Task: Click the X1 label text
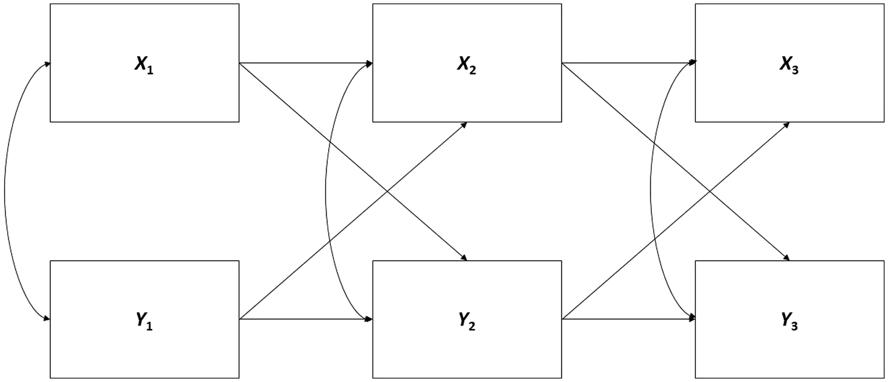[x=144, y=65]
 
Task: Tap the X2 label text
[x=467, y=65]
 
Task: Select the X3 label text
[x=789, y=65]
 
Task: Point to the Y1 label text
[x=144, y=321]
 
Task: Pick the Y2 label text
[x=467, y=321]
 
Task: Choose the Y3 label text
[x=789, y=321]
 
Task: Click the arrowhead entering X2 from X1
[x=369, y=63]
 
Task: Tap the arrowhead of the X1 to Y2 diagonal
[x=464, y=258]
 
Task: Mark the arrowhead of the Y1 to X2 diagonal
[x=464, y=125]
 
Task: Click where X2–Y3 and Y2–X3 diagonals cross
[x=709, y=191]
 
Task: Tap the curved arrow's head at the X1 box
[x=47, y=64]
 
